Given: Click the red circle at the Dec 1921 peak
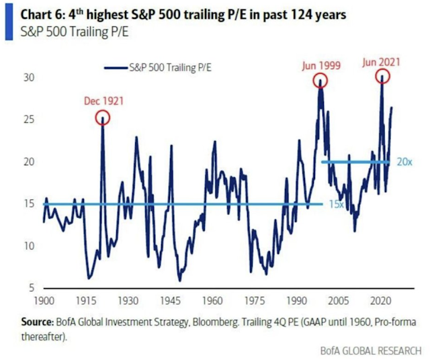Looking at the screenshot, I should (x=103, y=118).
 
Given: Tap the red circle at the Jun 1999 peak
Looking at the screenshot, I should (x=320, y=81).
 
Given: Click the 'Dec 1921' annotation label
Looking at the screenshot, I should (x=103, y=101).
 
